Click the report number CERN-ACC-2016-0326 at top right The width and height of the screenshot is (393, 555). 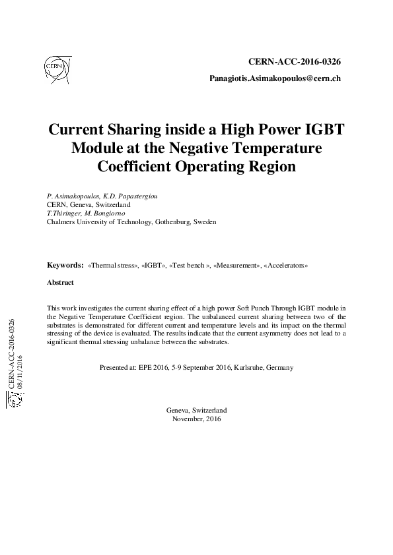(294, 62)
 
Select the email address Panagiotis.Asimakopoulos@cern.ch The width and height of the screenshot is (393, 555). (275, 78)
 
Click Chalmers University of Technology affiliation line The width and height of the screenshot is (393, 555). (131, 222)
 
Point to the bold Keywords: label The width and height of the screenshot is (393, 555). (65, 265)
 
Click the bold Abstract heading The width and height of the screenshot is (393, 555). (60, 282)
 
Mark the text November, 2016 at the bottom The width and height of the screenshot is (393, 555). (196, 419)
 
